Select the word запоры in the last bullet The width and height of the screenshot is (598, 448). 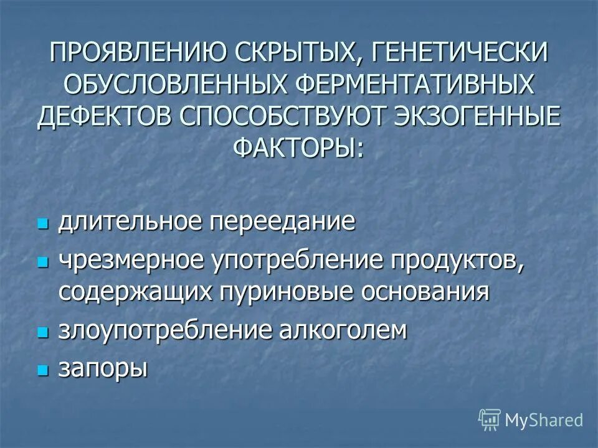point(103,369)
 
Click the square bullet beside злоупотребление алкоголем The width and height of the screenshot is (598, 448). point(43,332)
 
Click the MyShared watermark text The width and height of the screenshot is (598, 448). point(544,420)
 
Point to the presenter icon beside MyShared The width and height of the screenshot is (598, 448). point(490,420)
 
